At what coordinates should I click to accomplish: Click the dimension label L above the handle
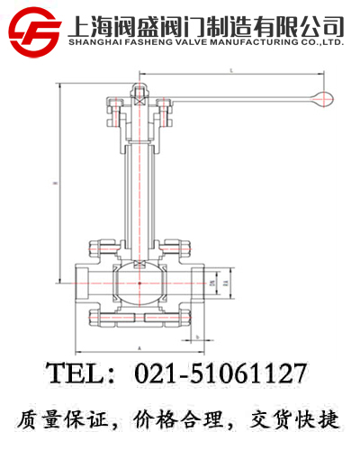(231, 70)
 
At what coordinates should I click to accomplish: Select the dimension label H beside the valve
(56, 184)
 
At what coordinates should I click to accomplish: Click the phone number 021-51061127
(220, 373)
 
